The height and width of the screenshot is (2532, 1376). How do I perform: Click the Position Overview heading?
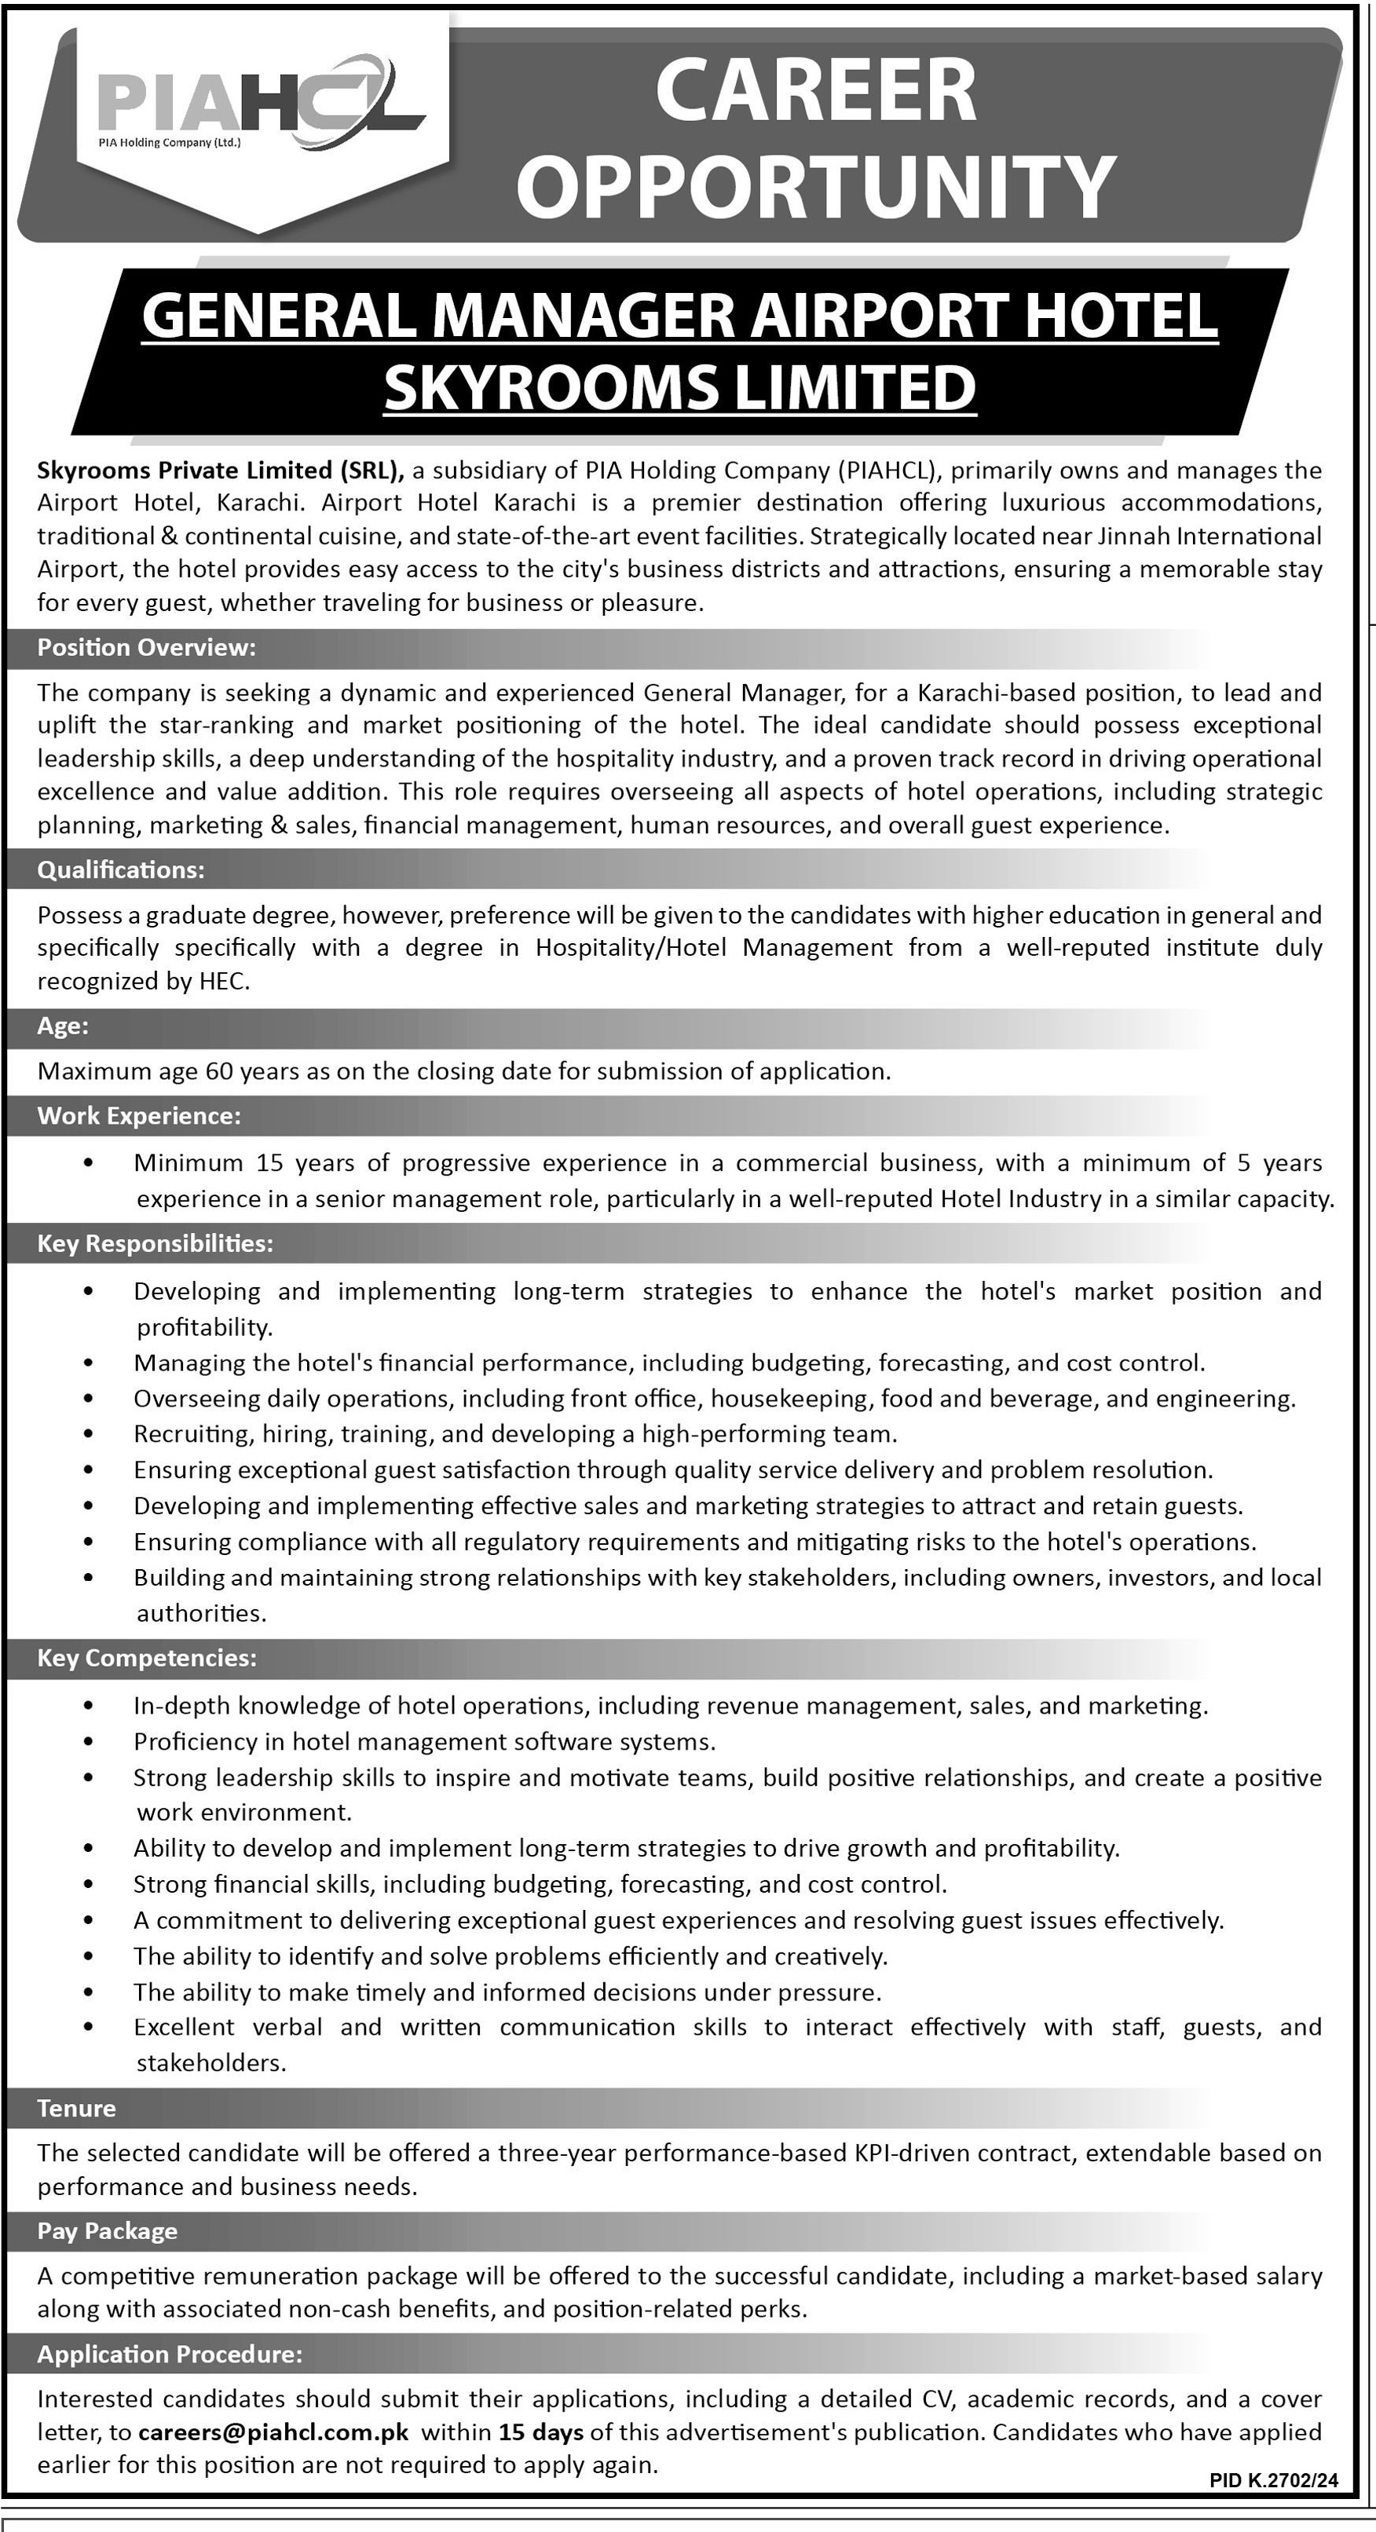[146, 648]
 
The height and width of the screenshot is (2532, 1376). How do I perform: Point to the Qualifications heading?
[121, 870]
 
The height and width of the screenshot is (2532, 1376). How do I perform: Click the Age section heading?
[63, 1026]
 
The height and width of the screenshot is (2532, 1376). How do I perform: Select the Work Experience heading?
[138, 1116]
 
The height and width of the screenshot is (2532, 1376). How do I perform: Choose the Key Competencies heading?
[146, 1658]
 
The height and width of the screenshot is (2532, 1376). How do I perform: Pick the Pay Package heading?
[107, 2231]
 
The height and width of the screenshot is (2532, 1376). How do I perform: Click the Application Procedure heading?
[170, 2354]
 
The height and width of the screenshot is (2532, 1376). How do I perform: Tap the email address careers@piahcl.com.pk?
[273, 2431]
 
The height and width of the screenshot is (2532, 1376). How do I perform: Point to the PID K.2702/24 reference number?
[1274, 2482]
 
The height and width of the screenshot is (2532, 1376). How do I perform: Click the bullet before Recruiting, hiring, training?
[90, 1435]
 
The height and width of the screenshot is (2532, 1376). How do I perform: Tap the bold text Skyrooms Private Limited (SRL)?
[220, 470]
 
